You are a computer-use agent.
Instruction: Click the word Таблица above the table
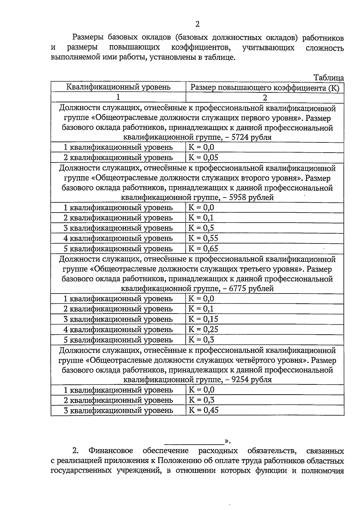pyautogui.click(x=328, y=78)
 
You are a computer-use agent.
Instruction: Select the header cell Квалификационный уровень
pyautogui.click(x=118, y=87)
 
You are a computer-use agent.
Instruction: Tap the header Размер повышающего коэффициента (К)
pyautogui.click(x=265, y=88)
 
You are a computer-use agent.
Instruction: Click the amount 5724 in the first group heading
pyautogui.click(x=241, y=137)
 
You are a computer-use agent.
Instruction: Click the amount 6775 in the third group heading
pyautogui.click(x=239, y=288)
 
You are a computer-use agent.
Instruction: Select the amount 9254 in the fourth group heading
pyautogui.click(x=241, y=380)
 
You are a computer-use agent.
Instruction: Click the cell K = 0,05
pyautogui.click(x=203, y=158)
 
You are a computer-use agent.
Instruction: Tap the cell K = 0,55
pyautogui.click(x=203, y=238)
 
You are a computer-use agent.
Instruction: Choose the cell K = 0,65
pyautogui.click(x=203, y=249)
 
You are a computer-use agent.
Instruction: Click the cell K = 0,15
pyautogui.click(x=203, y=319)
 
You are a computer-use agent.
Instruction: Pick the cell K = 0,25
pyautogui.click(x=203, y=330)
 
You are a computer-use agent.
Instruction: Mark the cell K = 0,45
pyautogui.click(x=203, y=410)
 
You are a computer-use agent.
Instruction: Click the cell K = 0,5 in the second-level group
pyautogui.click(x=201, y=228)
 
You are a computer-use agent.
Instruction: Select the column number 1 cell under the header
pyautogui.click(x=118, y=97)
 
